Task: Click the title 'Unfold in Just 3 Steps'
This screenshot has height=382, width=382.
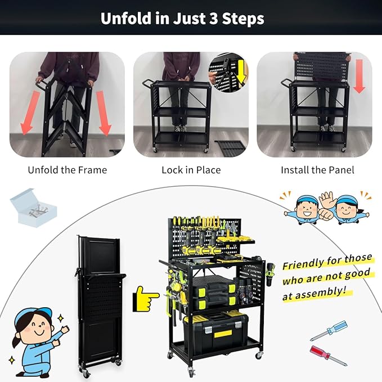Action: click(182, 18)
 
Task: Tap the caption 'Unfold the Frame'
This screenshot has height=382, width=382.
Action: click(67, 169)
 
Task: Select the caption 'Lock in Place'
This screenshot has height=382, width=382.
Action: click(191, 169)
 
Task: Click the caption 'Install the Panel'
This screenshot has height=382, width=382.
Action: click(317, 169)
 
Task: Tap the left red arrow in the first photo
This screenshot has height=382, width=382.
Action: click(26, 113)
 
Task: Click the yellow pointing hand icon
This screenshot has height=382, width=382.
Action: click(146, 299)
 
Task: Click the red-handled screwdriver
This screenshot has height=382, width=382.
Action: click(329, 356)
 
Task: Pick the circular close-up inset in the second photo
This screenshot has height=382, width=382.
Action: click(228, 71)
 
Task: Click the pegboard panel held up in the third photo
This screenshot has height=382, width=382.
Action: click(319, 66)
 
